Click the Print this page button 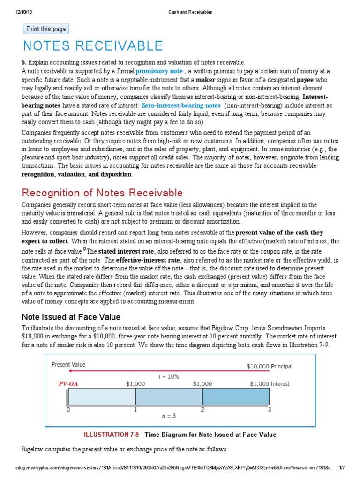[46, 29]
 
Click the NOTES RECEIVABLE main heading [93, 46]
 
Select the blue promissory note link [159, 71]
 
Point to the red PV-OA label [68, 383]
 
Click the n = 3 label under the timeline [169, 415]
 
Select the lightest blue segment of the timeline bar [102, 397]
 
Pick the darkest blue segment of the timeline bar [236, 397]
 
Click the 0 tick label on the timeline [68, 409]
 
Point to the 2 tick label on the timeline [202, 409]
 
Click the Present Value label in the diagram [68, 364]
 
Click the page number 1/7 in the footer [342, 467]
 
